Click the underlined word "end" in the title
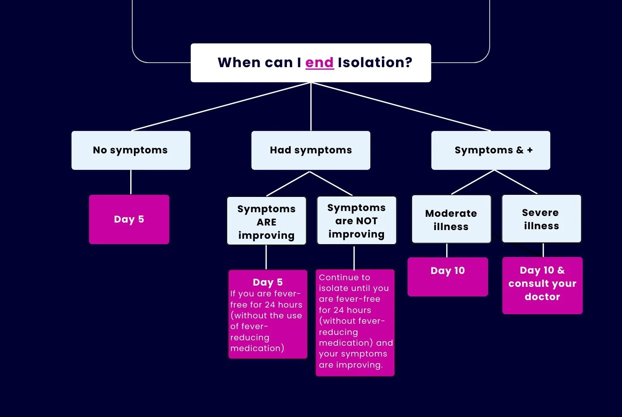(x=319, y=63)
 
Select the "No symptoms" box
(x=131, y=150)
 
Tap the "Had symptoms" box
(x=311, y=150)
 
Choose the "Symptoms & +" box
(x=491, y=150)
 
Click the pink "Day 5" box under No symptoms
(x=129, y=219)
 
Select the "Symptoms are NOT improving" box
(x=356, y=221)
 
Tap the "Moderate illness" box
(x=451, y=220)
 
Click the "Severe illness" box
(x=541, y=219)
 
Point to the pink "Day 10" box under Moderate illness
(x=447, y=276)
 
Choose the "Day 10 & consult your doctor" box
(x=542, y=285)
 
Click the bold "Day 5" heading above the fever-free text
(x=268, y=282)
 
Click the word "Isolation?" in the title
(x=375, y=63)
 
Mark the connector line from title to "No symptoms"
(x=221, y=107)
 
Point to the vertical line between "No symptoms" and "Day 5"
(x=131, y=182)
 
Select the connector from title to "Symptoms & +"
(x=401, y=107)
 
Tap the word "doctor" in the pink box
(x=542, y=297)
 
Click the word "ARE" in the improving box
(x=266, y=222)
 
